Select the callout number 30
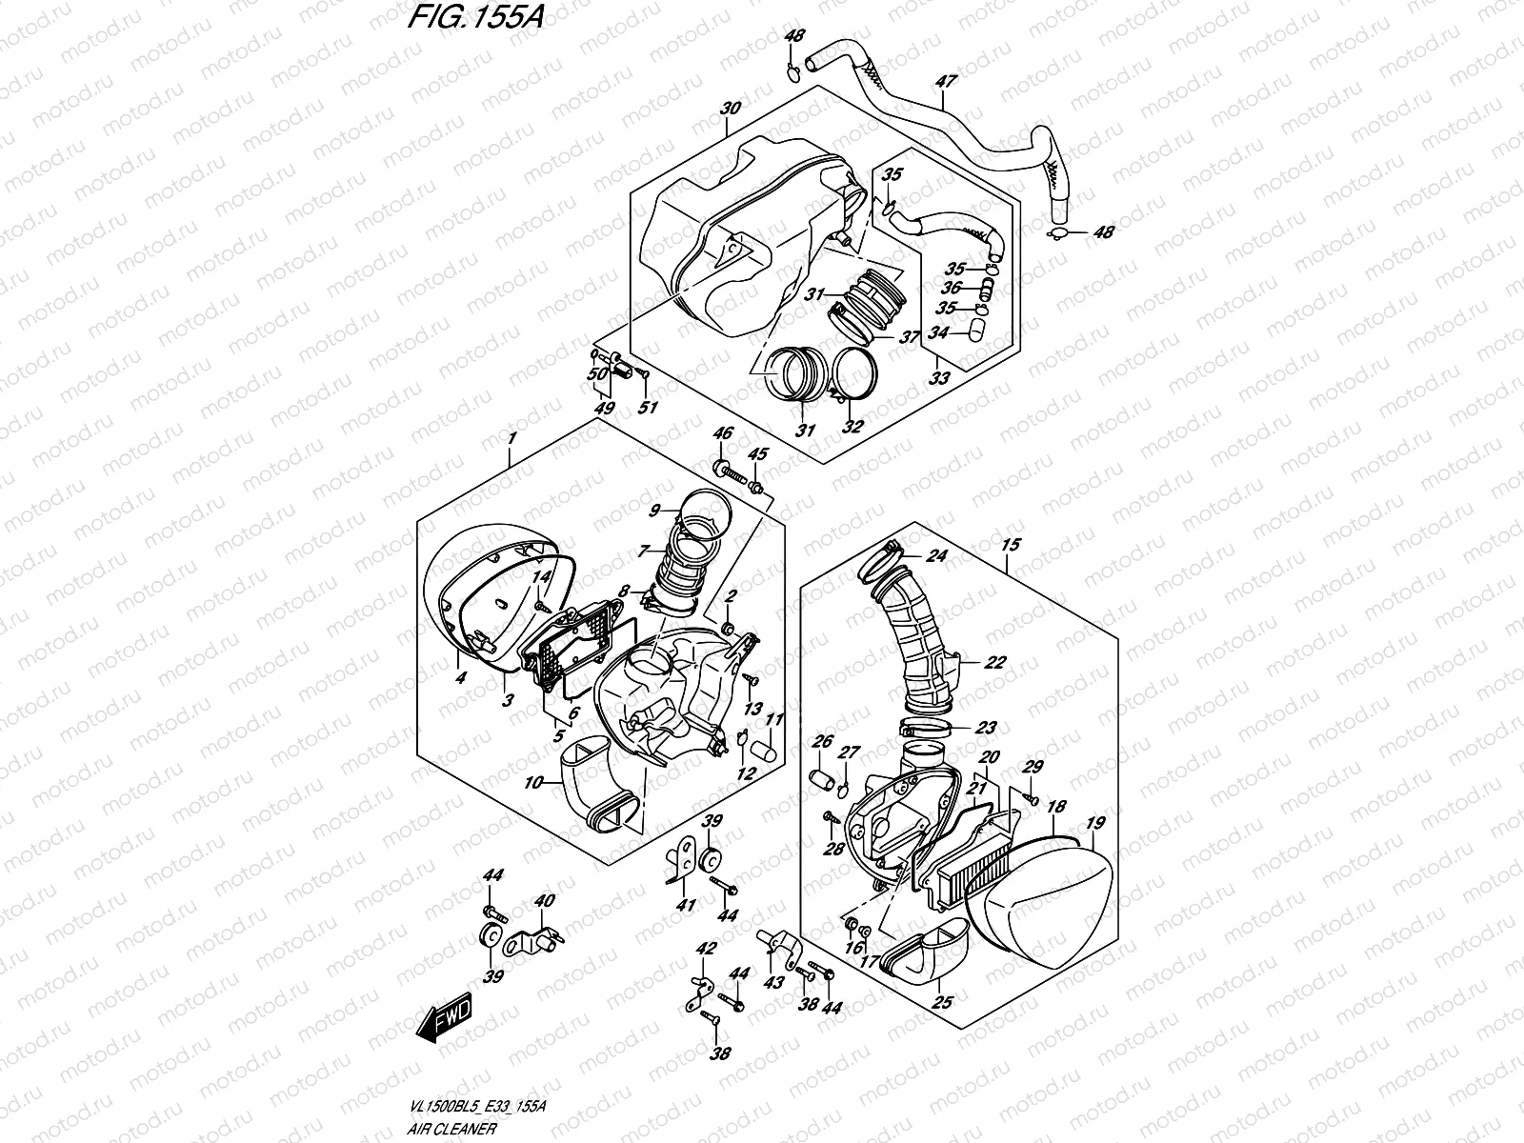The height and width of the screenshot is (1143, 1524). point(731,108)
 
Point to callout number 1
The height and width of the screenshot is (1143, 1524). point(511,438)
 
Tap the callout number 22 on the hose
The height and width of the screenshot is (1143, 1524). point(994,663)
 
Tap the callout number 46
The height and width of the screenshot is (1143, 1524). point(723,434)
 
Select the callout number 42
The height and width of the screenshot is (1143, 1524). point(706,949)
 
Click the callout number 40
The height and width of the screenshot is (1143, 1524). point(544,901)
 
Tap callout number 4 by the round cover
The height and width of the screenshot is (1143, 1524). point(460,678)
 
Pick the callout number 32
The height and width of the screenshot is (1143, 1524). point(852,427)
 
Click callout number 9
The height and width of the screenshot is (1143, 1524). point(653,511)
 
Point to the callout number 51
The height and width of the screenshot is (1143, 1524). point(648,409)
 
